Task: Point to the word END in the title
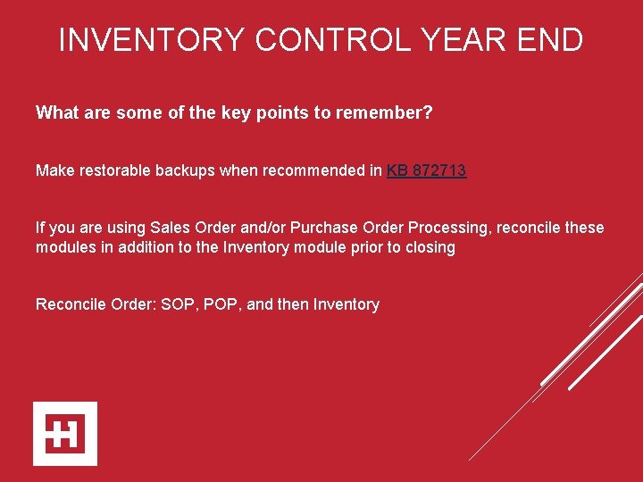551,40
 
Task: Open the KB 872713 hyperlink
426,170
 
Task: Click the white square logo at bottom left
65,434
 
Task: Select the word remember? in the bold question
390,113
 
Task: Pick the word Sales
170,228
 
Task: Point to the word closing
428,247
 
